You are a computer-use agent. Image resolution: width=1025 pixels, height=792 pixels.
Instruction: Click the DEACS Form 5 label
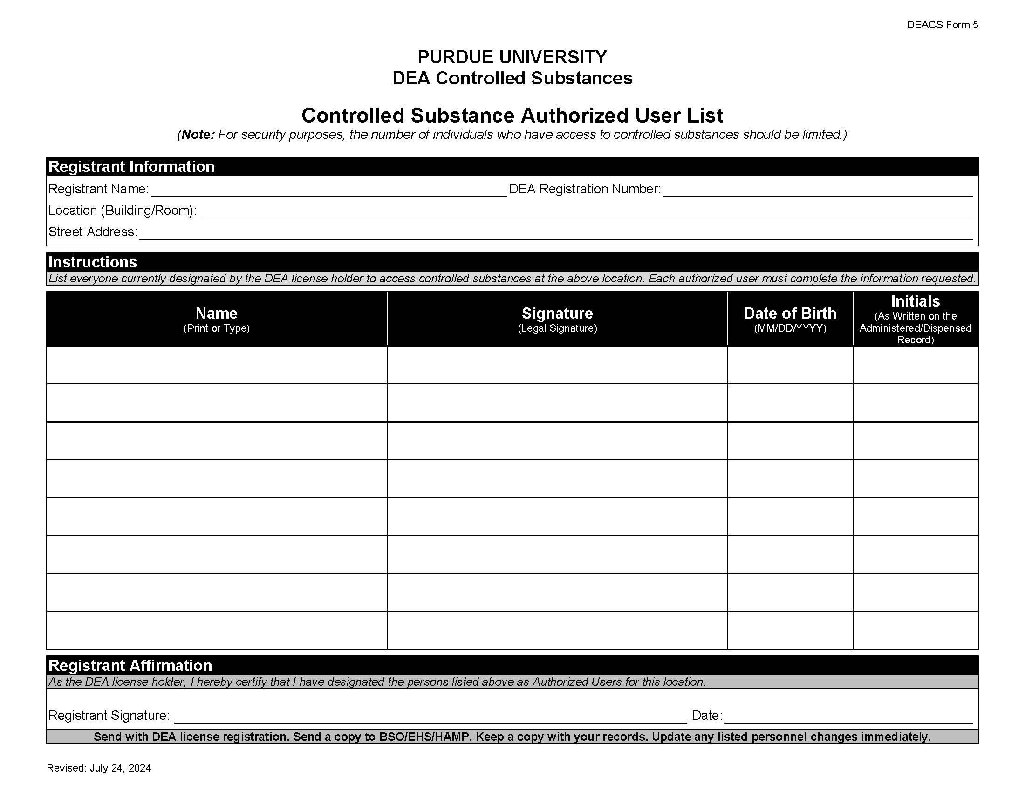point(942,25)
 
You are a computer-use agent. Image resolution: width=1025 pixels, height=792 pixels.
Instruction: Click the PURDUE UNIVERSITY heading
point(512,57)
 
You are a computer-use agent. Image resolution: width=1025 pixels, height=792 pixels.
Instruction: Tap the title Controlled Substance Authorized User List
point(512,116)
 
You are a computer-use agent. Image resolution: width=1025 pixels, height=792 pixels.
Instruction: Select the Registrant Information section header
point(131,167)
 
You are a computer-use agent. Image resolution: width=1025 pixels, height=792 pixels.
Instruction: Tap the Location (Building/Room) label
point(122,211)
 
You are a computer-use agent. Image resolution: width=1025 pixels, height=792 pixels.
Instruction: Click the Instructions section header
point(92,262)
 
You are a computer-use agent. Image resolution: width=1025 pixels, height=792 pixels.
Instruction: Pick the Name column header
point(216,314)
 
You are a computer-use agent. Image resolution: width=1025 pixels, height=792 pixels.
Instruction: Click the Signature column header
point(557,314)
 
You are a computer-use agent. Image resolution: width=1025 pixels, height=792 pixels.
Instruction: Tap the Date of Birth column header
point(790,314)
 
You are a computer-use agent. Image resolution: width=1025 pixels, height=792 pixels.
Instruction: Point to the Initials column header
point(915,301)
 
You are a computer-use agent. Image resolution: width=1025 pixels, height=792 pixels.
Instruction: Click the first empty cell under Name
point(216,366)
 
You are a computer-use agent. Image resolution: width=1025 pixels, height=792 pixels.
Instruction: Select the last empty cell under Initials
point(915,630)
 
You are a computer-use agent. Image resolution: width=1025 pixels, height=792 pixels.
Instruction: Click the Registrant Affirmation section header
point(130,666)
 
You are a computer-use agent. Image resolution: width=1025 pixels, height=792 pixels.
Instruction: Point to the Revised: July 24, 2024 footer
point(99,768)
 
